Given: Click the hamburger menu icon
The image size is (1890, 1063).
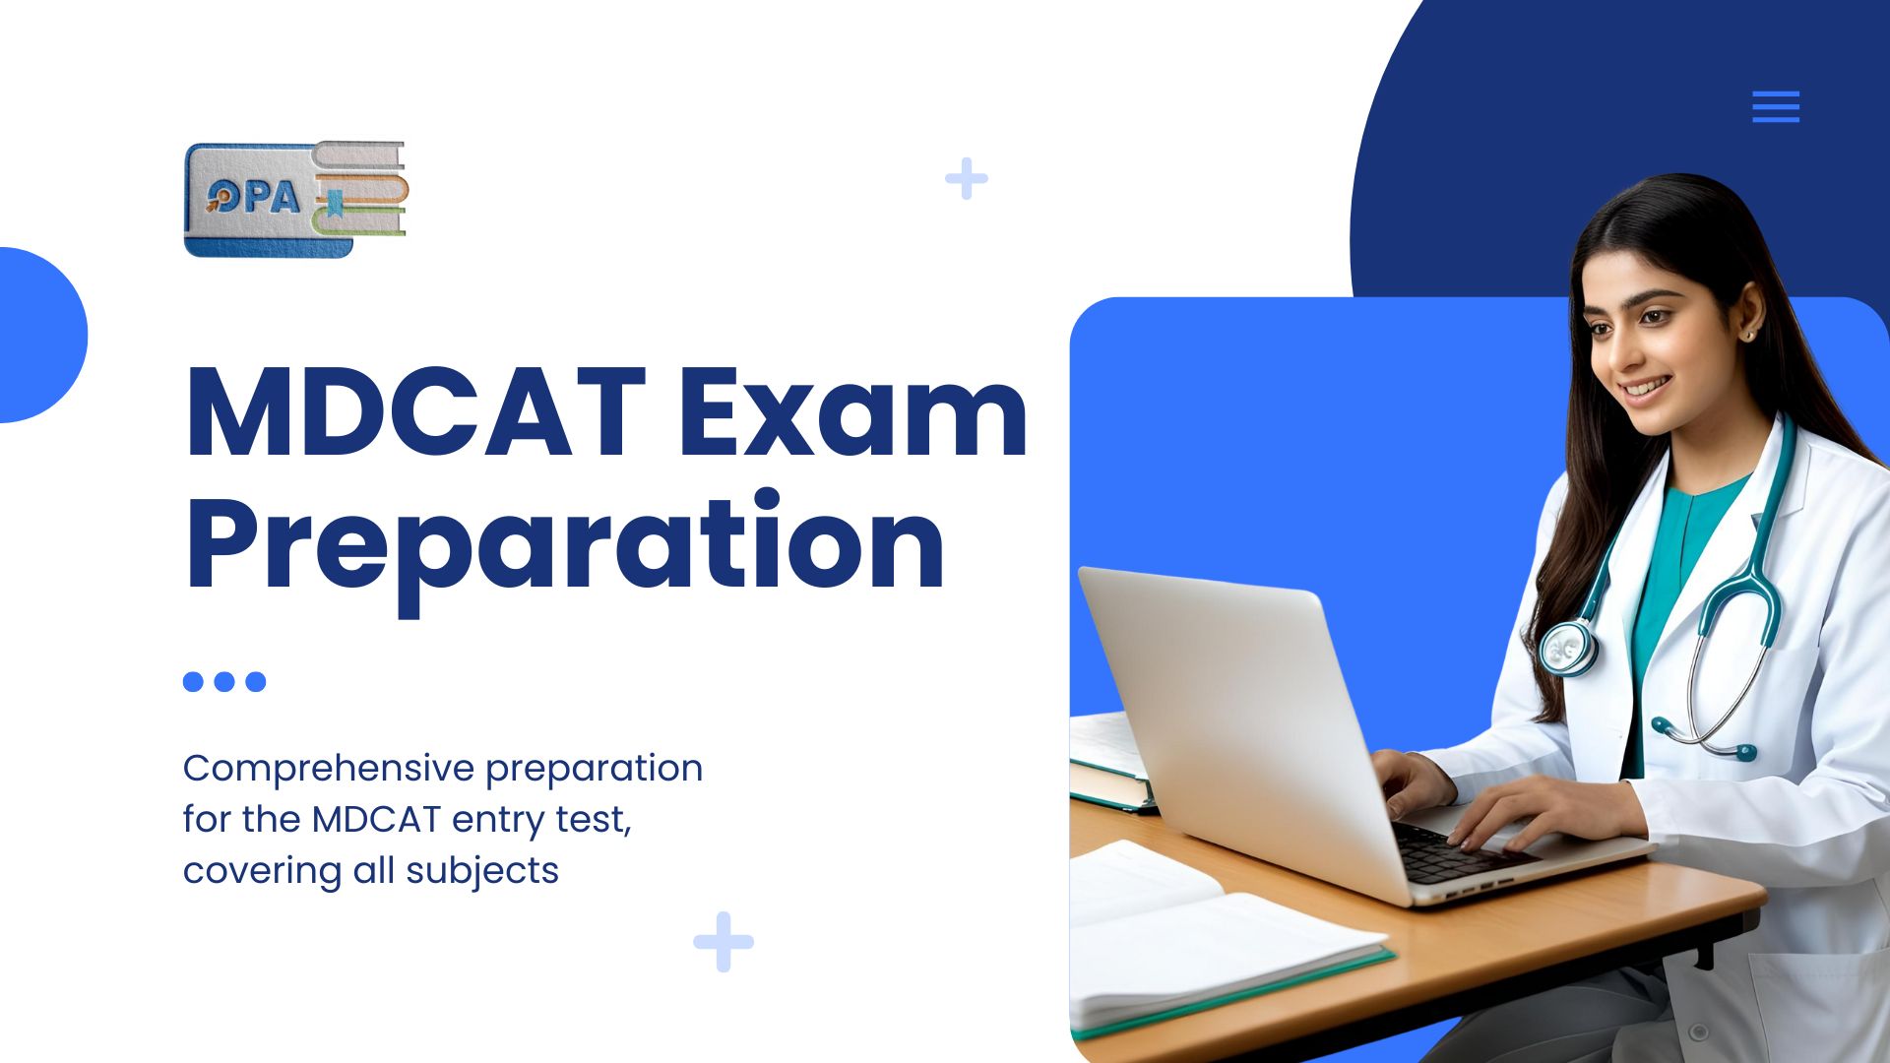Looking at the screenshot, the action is pos(1776,106).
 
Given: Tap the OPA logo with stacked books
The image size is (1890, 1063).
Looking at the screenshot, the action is pos(295,199).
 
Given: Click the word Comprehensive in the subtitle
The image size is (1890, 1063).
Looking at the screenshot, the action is pos(329,769).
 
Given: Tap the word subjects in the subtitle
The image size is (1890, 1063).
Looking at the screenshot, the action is pos(482,871).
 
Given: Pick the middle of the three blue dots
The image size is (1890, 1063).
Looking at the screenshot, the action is pos(224,681).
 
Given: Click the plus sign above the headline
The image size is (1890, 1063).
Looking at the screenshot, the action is pos(967,178).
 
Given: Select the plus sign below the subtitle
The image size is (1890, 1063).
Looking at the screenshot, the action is pos(724,942).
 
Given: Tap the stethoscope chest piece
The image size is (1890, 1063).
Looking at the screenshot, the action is pos(1566,648).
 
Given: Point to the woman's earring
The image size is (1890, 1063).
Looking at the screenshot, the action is pos(1749,336).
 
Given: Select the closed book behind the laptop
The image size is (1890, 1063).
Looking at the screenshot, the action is pos(1110,763).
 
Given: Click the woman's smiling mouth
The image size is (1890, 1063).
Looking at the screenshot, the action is pos(1646,387).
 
